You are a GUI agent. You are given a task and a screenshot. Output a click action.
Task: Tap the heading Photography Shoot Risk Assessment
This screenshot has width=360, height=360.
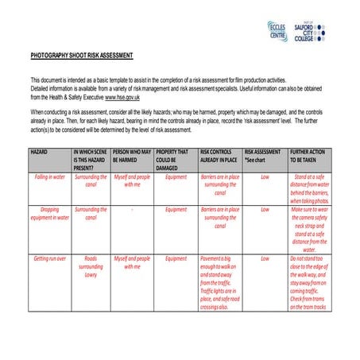[x=82, y=56]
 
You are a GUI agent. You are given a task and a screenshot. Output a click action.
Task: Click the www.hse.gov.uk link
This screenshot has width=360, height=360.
[x=118, y=96]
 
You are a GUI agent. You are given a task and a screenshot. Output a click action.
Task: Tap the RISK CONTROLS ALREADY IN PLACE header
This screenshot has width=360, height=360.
[x=219, y=155]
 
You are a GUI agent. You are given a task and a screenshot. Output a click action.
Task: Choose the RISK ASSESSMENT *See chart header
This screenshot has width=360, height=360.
[x=263, y=155]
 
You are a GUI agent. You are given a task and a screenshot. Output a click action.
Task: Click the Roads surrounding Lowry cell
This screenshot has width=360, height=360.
[x=91, y=267]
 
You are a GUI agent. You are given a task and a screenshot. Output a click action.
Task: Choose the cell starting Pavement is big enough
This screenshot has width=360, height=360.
[x=220, y=282]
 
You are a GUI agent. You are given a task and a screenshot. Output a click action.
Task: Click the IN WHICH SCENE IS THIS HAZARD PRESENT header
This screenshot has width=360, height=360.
[x=91, y=155]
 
